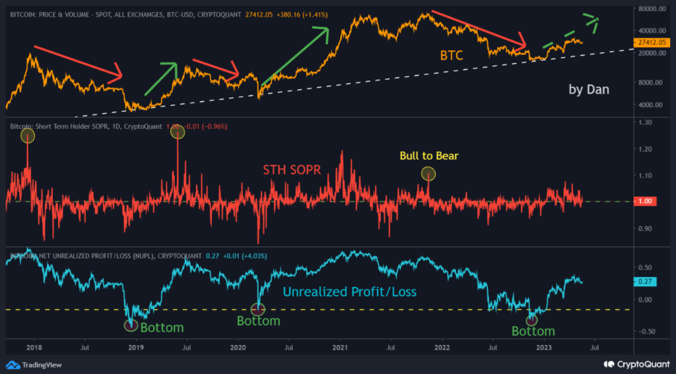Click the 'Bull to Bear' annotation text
[x=428, y=157]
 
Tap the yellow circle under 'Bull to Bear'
[x=428, y=174]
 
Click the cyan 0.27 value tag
[x=646, y=281]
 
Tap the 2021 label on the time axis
[x=341, y=347]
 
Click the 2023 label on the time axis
[x=544, y=347]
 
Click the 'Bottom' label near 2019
[x=161, y=328]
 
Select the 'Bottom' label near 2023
[x=533, y=331]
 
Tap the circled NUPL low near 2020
[x=258, y=308]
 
